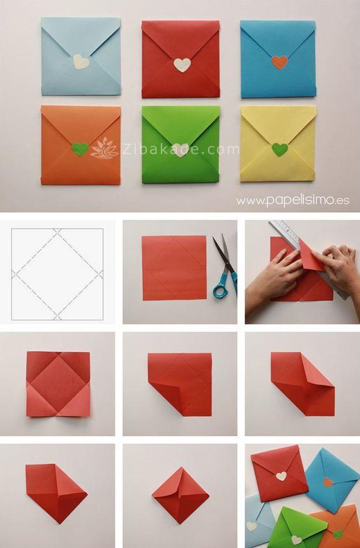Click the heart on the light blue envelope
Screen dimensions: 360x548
[81, 62]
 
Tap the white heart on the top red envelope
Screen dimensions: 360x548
[183, 65]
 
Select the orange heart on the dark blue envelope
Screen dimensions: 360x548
[280, 62]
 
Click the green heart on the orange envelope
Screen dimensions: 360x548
[80, 149]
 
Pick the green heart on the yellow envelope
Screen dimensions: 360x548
[280, 149]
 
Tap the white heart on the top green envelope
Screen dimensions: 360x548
[180, 150]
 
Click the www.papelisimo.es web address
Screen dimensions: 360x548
[292, 201]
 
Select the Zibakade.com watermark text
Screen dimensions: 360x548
[180, 149]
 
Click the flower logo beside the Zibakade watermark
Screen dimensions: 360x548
[105, 149]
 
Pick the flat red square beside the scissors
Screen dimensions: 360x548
[174, 268]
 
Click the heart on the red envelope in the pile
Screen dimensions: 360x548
[281, 476]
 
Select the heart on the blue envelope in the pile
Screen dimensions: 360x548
[327, 482]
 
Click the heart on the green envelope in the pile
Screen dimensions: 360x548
[296, 540]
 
